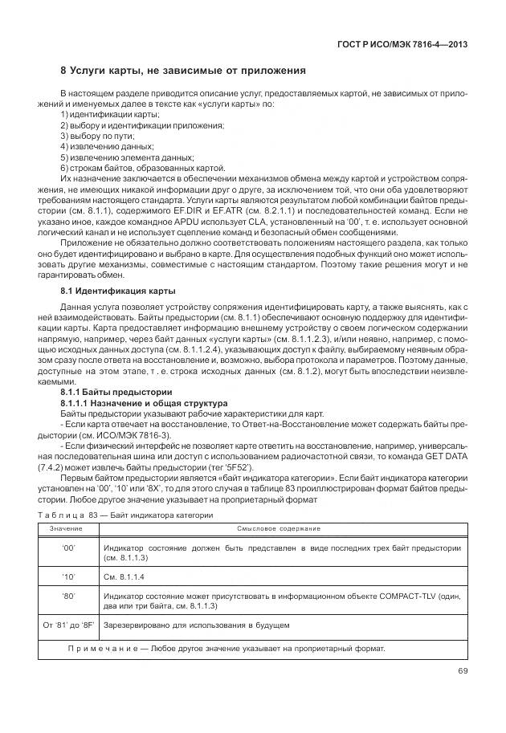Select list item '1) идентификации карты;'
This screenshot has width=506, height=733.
tap(104, 116)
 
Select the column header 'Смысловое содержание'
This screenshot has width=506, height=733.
tap(279, 529)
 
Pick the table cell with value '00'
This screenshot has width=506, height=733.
tap(68, 548)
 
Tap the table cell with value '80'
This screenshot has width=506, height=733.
tap(68, 597)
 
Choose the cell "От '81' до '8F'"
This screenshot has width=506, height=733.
tap(68, 625)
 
